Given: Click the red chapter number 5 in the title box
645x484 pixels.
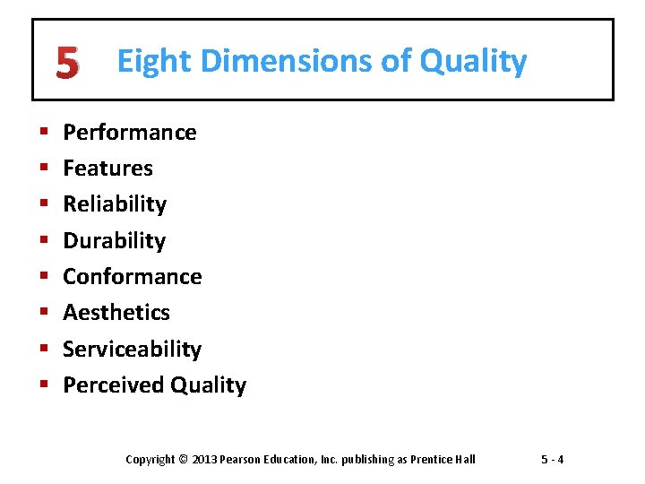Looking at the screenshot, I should [66, 63].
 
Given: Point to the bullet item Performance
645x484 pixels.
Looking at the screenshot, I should [129, 133].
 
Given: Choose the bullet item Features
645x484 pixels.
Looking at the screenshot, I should [107, 169].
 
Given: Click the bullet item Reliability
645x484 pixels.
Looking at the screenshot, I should [115, 204].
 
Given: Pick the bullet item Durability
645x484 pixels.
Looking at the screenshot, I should [114, 240].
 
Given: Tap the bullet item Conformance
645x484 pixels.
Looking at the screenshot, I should [132, 276].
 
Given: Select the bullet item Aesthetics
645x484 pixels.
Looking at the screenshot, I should [116, 312].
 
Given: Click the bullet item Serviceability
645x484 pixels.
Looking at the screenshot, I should [132, 349].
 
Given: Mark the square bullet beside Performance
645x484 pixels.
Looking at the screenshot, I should [44, 134].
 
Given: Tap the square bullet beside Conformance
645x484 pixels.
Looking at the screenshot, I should [44, 277].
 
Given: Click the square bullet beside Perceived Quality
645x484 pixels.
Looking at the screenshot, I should [44, 385].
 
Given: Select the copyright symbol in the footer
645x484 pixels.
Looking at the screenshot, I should [184, 460].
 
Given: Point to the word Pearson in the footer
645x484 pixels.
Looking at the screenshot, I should [244, 460].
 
